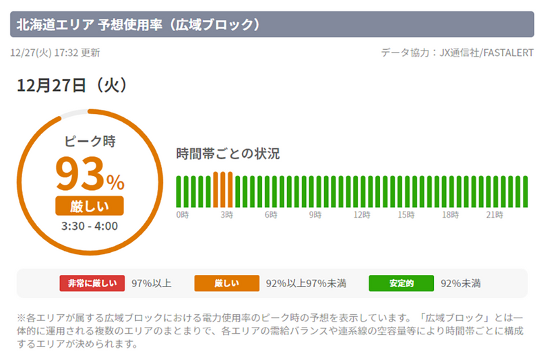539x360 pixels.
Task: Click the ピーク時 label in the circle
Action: pos(90,142)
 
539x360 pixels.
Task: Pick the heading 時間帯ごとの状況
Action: pos(228,153)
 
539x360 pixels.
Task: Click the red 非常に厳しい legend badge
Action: pos(92,283)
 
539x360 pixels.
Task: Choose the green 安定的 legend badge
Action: pos(401,283)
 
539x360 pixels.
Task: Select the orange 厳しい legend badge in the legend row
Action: pos(226,283)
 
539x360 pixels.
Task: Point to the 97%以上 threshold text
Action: pos(151,283)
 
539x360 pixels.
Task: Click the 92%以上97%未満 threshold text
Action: pos(306,283)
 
